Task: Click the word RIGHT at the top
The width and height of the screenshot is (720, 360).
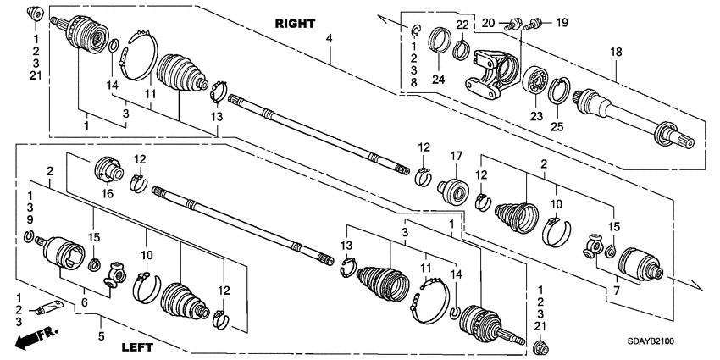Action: (296, 24)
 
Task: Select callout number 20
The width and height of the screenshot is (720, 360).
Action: (489, 23)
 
